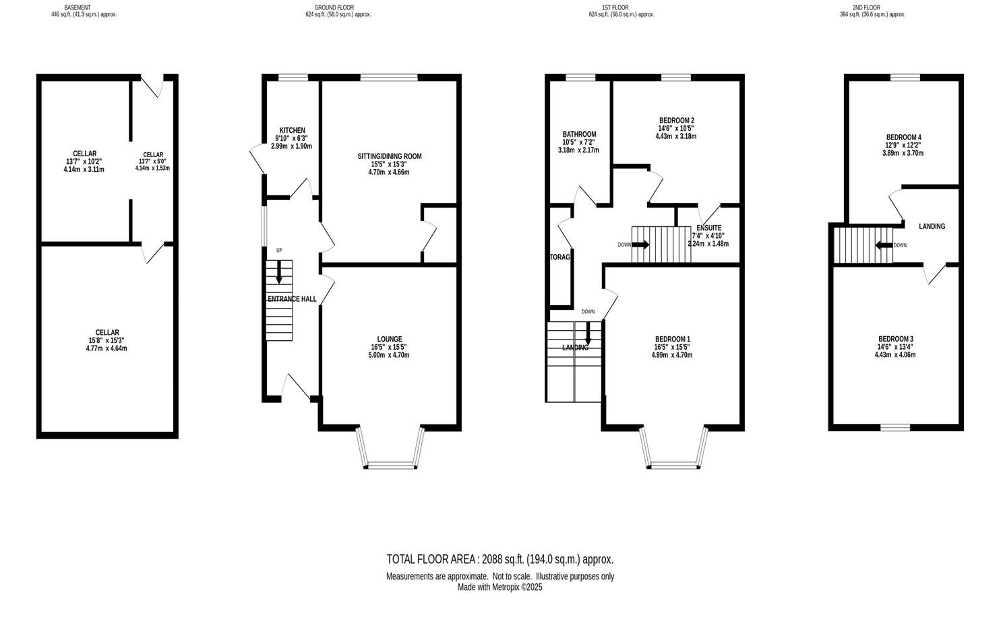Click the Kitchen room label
(x=292, y=131)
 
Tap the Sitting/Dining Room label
(x=390, y=156)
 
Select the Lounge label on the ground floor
(x=390, y=339)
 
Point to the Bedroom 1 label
(x=672, y=339)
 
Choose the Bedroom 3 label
(x=895, y=339)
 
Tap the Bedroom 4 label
(x=903, y=137)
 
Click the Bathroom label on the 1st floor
(x=579, y=134)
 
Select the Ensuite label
(x=708, y=228)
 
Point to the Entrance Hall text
(x=292, y=298)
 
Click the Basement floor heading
(x=78, y=7)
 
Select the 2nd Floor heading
(x=866, y=7)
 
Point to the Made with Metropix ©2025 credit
(x=499, y=587)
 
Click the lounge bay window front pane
(x=390, y=464)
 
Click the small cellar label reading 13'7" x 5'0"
(x=152, y=162)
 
